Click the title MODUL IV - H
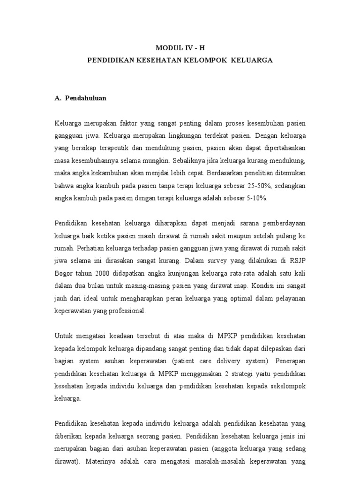click(x=180, y=48)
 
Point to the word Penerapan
click(x=287, y=361)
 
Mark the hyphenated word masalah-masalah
click(x=209, y=461)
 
